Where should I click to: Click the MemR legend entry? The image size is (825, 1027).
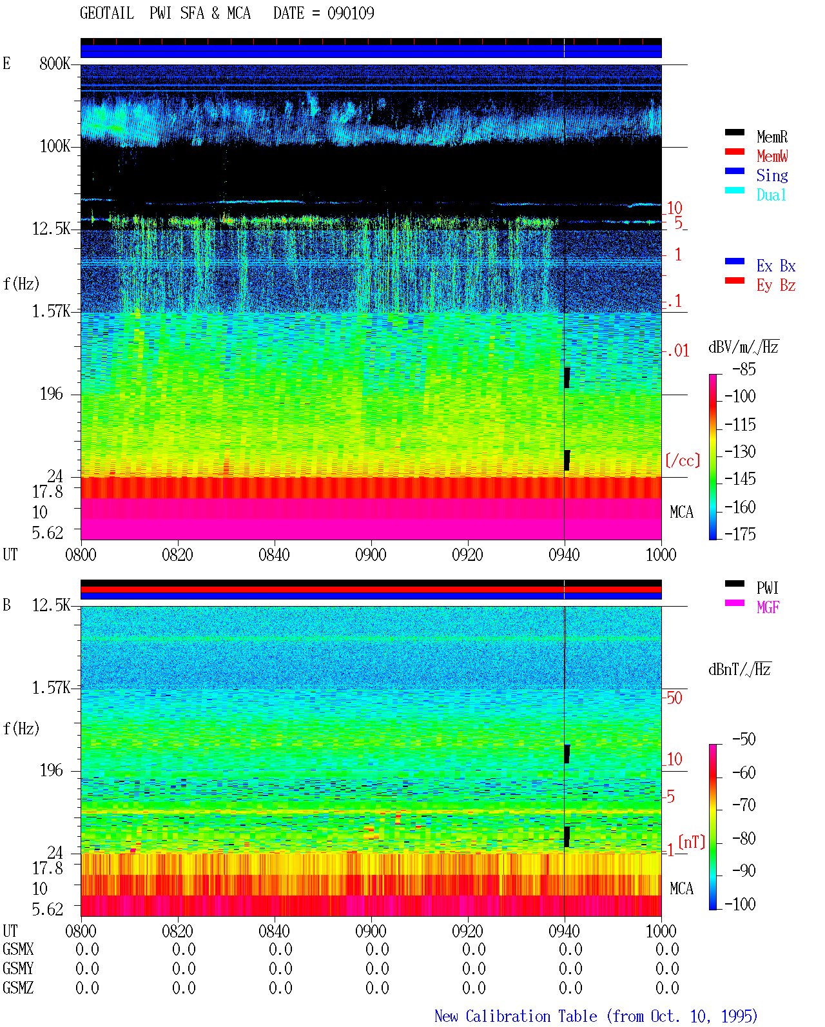[772, 137]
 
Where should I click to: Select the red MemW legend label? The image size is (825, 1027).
[772, 156]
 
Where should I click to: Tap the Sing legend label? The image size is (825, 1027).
[772, 175]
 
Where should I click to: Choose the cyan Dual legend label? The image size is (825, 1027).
[771, 195]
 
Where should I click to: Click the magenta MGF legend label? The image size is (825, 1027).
[768, 607]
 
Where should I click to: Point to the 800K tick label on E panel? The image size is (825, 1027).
[54, 63]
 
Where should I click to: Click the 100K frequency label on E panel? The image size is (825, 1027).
[54, 146]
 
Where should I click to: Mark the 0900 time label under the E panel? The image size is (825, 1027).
[371, 554]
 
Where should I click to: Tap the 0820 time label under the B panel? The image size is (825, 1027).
[177, 931]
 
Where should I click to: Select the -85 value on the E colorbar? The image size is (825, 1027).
[744, 369]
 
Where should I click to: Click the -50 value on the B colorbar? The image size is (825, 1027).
[744, 739]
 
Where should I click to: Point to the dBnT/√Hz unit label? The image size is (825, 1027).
[739, 670]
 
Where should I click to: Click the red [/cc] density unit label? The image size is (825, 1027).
[683, 460]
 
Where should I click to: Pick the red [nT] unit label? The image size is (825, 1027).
[692, 842]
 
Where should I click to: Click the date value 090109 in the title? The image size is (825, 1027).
[351, 14]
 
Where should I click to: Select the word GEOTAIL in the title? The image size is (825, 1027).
[107, 14]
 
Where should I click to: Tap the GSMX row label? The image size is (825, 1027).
[18, 949]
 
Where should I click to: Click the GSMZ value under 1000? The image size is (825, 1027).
[667, 988]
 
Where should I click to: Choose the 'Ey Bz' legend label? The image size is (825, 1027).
[776, 285]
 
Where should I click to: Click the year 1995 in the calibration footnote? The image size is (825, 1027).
[739, 1016]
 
